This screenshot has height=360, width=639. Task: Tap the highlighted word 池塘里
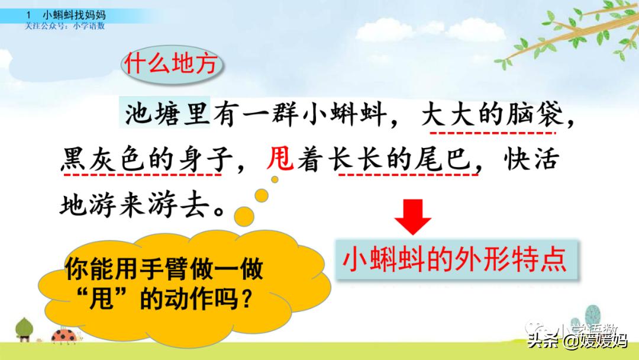point(167,112)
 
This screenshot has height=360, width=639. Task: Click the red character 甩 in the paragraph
point(280,159)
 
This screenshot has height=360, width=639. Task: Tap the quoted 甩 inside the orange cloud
point(102,301)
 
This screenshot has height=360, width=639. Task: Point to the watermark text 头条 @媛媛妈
point(577,342)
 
